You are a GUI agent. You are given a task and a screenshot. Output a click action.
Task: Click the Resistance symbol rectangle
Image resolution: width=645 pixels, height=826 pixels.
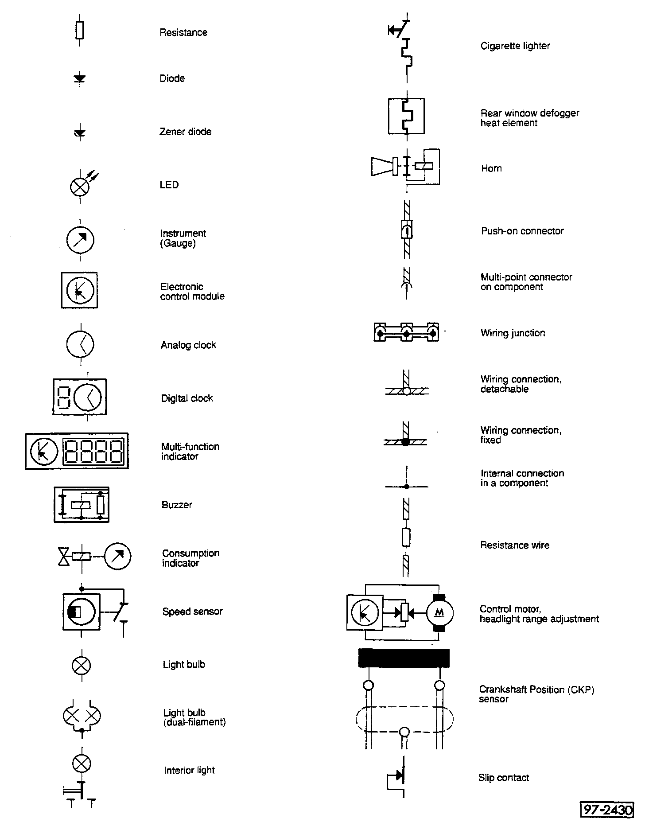point(80,31)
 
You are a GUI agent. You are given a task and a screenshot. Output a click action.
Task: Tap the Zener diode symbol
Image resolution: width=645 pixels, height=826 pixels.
point(80,132)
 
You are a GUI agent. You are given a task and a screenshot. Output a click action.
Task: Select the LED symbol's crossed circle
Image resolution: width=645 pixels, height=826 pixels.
point(80,187)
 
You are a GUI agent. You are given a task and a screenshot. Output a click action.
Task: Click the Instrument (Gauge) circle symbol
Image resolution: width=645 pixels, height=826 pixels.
point(80,240)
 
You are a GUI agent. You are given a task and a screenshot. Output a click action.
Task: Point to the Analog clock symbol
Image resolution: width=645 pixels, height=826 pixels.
point(80,344)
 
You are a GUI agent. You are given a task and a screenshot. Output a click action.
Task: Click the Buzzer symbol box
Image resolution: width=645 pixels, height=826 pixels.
point(82,505)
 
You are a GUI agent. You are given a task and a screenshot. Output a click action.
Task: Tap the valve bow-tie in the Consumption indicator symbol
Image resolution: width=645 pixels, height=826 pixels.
point(64,557)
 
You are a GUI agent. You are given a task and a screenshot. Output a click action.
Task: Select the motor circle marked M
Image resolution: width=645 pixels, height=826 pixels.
point(439,613)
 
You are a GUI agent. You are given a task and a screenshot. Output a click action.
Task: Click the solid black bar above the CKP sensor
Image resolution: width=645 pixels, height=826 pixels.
point(404,658)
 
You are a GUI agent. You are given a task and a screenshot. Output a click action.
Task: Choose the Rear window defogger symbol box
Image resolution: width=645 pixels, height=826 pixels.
point(406,116)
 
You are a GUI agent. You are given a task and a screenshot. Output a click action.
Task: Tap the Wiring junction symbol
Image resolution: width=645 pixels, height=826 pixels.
point(406,332)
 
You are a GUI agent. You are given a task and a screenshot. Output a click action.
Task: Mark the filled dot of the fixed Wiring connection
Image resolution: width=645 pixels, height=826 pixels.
point(405,441)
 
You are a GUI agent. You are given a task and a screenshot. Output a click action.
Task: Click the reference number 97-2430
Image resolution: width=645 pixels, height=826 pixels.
point(607,810)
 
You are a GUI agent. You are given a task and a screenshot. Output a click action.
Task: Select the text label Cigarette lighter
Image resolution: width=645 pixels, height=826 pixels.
point(515,46)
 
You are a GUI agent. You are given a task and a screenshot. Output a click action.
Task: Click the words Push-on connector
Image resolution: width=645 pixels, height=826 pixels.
point(522,231)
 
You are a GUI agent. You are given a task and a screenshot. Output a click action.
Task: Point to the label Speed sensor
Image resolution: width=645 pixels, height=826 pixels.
point(192,612)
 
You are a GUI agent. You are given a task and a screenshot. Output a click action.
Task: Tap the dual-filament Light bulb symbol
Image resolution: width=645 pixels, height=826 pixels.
point(82,715)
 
